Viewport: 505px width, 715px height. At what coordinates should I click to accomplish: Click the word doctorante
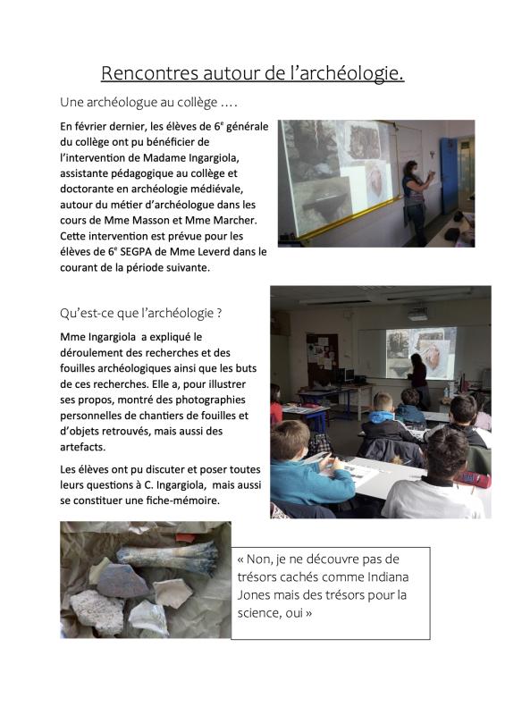click(92, 189)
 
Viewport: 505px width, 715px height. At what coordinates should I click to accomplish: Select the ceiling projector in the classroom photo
click(417, 314)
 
